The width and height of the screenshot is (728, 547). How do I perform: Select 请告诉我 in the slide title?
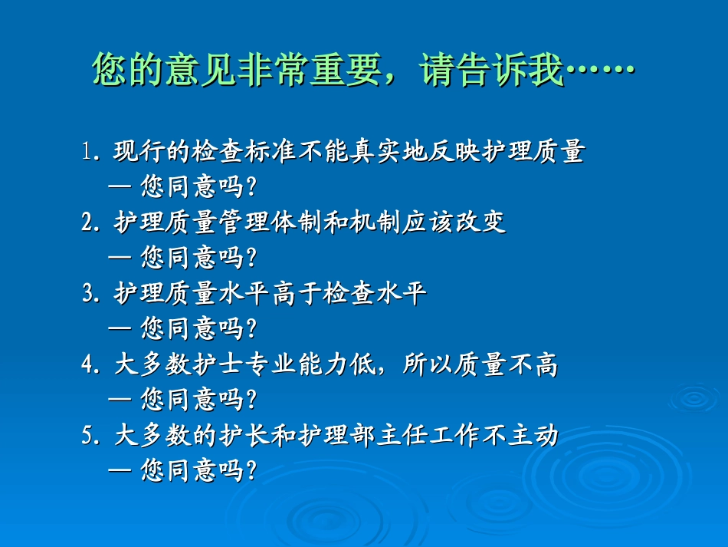(x=491, y=71)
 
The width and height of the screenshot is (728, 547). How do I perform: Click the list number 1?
(x=87, y=153)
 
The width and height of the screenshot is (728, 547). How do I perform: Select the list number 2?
(x=87, y=223)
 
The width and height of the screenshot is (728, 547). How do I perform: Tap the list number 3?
(x=87, y=294)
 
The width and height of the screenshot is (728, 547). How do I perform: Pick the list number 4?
(x=87, y=365)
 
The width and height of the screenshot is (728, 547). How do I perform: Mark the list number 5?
(x=87, y=436)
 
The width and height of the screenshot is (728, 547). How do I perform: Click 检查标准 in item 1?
(x=244, y=153)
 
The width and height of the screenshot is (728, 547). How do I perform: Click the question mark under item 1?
(x=251, y=188)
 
